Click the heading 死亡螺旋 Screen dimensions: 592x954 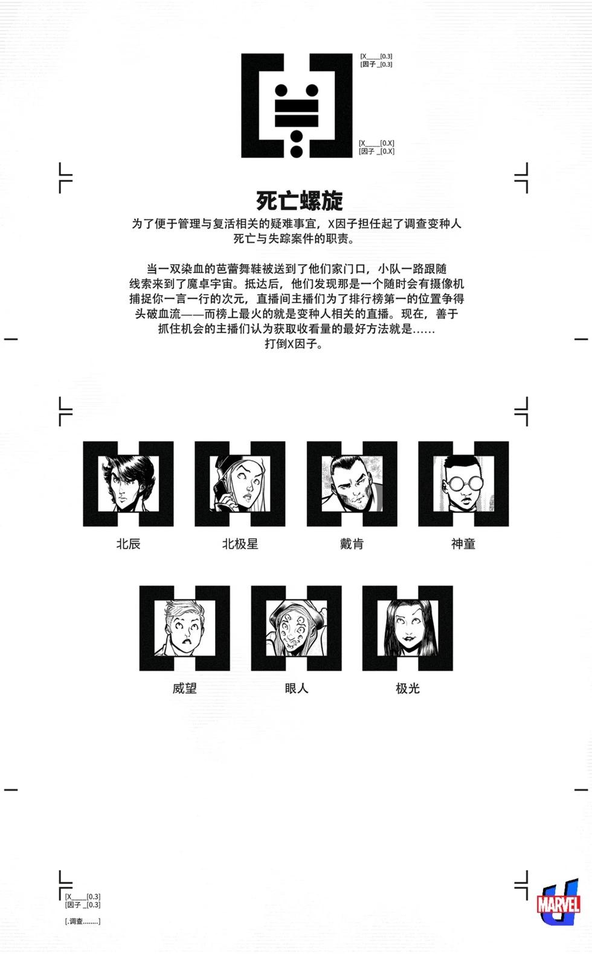pyautogui.click(x=300, y=201)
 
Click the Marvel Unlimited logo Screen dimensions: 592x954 pyautogui.click(x=558, y=902)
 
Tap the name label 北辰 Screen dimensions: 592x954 pyautogui.click(x=128, y=544)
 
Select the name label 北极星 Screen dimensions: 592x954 pyautogui.click(x=240, y=544)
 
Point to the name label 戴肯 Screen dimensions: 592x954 pyautogui.click(x=352, y=544)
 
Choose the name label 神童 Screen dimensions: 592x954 pyautogui.click(x=463, y=544)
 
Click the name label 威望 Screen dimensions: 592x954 pyautogui.click(x=184, y=688)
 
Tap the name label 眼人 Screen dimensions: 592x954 pyautogui.click(x=297, y=688)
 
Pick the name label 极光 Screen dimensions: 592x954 pyautogui.click(x=408, y=688)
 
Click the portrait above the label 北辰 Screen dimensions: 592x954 pyautogui.click(x=128, y=484)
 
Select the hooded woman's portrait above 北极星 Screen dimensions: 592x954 pyautogui.click(x=240, y=484)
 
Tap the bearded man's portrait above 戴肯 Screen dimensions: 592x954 pyautogui.click(x=352, y=484)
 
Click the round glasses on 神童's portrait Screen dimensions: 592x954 pyautogui.click(x=463, y=484)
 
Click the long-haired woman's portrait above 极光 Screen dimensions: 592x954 pyautogui.click(x=408, y=628)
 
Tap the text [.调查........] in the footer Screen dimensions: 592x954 pyautogui.click(x=83, y=921)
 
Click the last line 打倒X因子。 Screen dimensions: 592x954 pyautogui.click(x=294, y=344)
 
